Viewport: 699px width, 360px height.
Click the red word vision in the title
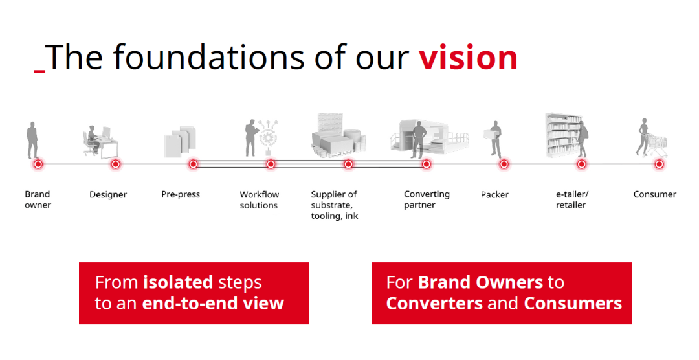pyautogui.click(x=468, y=58)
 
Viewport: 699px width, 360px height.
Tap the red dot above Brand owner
pyautogui.click(x=38, y=164)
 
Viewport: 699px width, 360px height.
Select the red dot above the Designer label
pyautogui.click(x=115, y=164)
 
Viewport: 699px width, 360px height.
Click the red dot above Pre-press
pyautogui.click(x=193, y=164)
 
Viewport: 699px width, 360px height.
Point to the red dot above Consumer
pyautogui.click(x=659, y=164)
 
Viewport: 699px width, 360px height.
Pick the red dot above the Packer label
pyautogui.click(x=504, y=164)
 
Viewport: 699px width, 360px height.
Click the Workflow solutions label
pyautogui.click(x=260, y=200)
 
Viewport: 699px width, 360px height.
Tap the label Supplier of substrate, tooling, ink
pyautogui.click(x=335, y=205)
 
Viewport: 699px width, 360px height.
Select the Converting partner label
pyautogui.click(x=427, y=199)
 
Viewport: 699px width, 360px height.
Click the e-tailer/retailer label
pyautogui.click(x=572, y=199)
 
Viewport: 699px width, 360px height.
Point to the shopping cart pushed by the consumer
pyautogui.click(x=658, y=145)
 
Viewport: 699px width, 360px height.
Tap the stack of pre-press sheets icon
pyautogui.click(x=180, y=142)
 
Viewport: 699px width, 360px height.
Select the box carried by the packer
pyautogui.click(x=490, y=134)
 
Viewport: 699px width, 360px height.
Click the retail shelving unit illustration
pyautogui.click(x=563, y=135)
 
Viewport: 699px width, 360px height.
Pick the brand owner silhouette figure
pyautogui.click(x=32, y=140)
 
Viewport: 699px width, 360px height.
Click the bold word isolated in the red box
pyautogui.click(x=178, y=282)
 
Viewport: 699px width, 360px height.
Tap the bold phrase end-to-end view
pyautogui.click(x=213, y=304)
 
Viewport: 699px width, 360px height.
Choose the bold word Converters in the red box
pyautogui.click(x=434, y=304)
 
